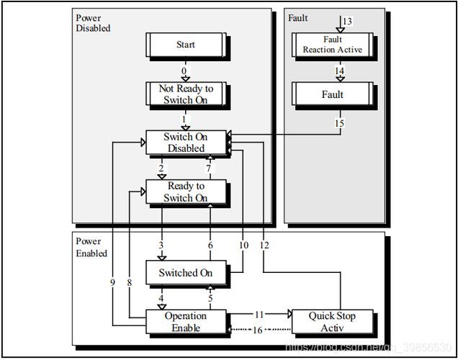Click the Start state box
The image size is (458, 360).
pos(186,45)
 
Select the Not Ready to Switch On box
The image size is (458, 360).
pos(186,94)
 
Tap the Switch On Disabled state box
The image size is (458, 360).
pos(186,142)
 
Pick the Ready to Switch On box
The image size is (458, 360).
pos(186,192)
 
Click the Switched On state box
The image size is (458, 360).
pos(186,272)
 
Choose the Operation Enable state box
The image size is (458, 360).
pos(186,321)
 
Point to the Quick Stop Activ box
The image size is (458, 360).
pos(333,321)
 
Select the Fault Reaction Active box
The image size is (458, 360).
pos(333,45)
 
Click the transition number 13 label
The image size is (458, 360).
pos(347,22)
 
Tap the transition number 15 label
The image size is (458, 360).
pos(339,123)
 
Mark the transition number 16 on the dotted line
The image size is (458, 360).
pos(257,330)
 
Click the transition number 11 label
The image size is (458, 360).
pos(259,315)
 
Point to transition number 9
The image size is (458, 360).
pos(113,282)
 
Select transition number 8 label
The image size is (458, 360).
pos(130,282)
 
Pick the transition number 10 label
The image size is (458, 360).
pos(243,246)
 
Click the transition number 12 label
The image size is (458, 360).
pos(264,246)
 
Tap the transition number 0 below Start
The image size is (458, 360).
pos(184,71)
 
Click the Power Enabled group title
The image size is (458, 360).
pos(91,247)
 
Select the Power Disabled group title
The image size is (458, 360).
pos(93,23)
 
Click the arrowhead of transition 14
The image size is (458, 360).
pos(341,79)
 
